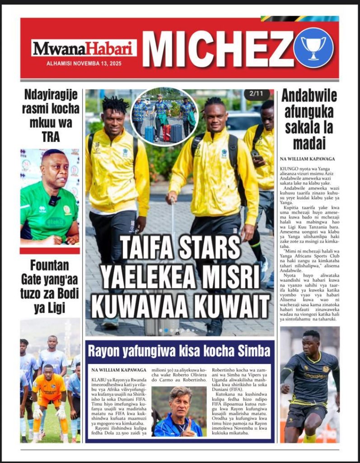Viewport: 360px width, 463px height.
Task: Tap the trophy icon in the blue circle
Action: (313, 47)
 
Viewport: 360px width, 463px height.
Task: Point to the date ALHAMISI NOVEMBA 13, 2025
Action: (84, 63)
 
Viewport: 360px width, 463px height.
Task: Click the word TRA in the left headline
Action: (51, 137)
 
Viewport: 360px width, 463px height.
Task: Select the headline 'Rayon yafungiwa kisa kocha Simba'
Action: (179, 351)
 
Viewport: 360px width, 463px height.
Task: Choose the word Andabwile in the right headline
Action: (309, 95)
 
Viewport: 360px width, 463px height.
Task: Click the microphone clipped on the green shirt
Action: (54, 200)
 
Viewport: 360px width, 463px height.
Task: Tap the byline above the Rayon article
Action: (115, 369)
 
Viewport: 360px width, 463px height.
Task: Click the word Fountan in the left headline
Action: (50, 265)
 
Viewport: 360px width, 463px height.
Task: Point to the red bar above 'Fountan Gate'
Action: (50, 250)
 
